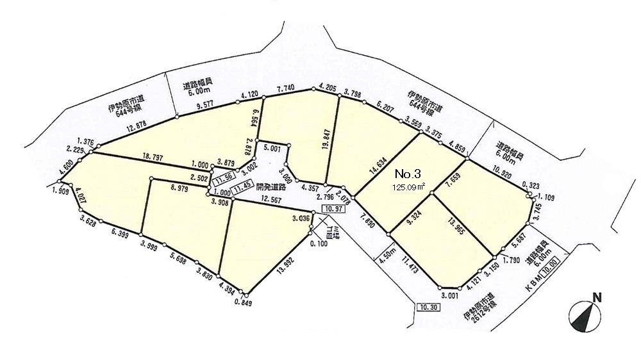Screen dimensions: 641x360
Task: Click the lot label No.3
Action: tap(408, 174)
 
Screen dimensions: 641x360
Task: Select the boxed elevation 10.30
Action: tap(428, 307)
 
